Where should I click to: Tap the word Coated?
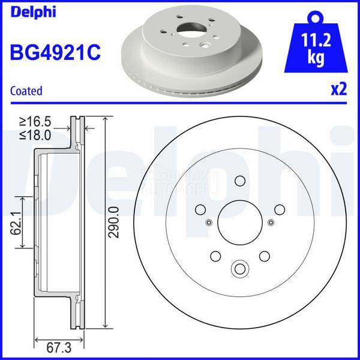(26, 91)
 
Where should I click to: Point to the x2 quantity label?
(339, 90)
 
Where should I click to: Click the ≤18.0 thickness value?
(35, 136)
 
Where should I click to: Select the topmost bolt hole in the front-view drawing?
(239, 181)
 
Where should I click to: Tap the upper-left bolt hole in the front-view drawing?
(200, 209)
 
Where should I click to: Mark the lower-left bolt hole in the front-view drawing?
(214, 256)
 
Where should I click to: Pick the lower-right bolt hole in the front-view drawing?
(263, 256)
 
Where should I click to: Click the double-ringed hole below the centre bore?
(239, 268)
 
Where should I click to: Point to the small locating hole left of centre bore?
(208, 223)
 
